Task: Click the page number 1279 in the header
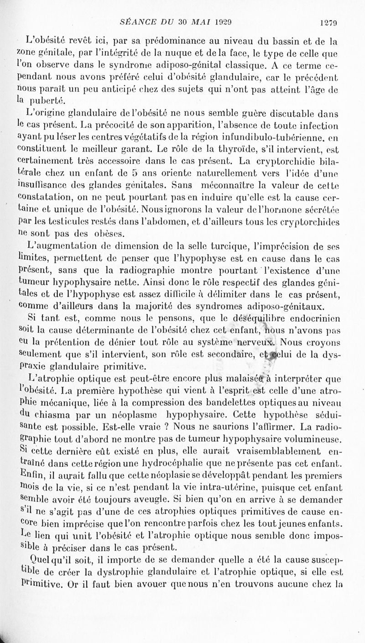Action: click(x=328, y=21)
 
